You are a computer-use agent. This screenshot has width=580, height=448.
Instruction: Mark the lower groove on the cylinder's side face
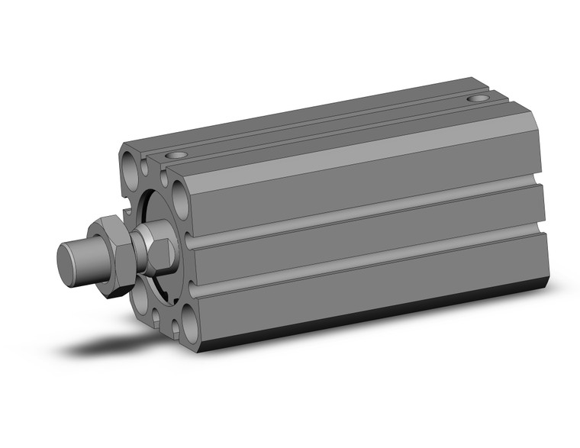point(366,270)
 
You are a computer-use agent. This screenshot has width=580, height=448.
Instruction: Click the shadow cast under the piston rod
point(114,347)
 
